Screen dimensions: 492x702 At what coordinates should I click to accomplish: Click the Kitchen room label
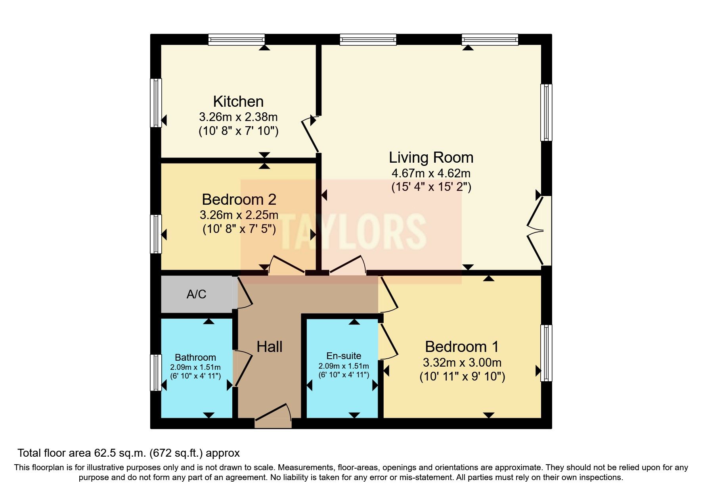[238, 102]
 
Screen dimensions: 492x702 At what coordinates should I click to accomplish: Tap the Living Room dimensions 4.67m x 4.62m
[431, 173]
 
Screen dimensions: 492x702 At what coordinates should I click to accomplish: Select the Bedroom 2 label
[239, 199]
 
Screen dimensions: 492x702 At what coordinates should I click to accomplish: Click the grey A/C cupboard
[196, 294]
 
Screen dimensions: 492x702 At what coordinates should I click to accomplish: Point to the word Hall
[269, 347]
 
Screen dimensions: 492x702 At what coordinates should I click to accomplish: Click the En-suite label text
[344, 356]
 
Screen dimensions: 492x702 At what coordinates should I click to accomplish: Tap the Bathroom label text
[195, 357]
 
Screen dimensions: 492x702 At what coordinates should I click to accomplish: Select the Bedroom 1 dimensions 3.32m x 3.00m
[462, 363]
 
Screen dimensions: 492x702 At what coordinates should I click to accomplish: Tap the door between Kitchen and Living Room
[310, 134]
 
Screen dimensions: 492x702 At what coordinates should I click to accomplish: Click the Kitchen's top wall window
[237, 39]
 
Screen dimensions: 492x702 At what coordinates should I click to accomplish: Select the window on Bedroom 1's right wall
[546, 353]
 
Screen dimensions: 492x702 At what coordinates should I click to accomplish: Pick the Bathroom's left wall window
[156, 373]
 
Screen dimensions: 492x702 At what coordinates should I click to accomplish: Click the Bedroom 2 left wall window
[156, 234]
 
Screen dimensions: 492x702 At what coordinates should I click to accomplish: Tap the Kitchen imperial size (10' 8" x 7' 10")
[238, 131]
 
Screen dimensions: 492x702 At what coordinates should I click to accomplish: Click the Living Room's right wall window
[546, 112]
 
